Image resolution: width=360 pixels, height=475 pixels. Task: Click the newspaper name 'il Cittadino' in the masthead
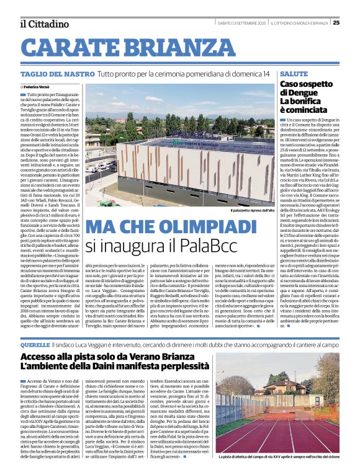(x=44, y=24)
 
